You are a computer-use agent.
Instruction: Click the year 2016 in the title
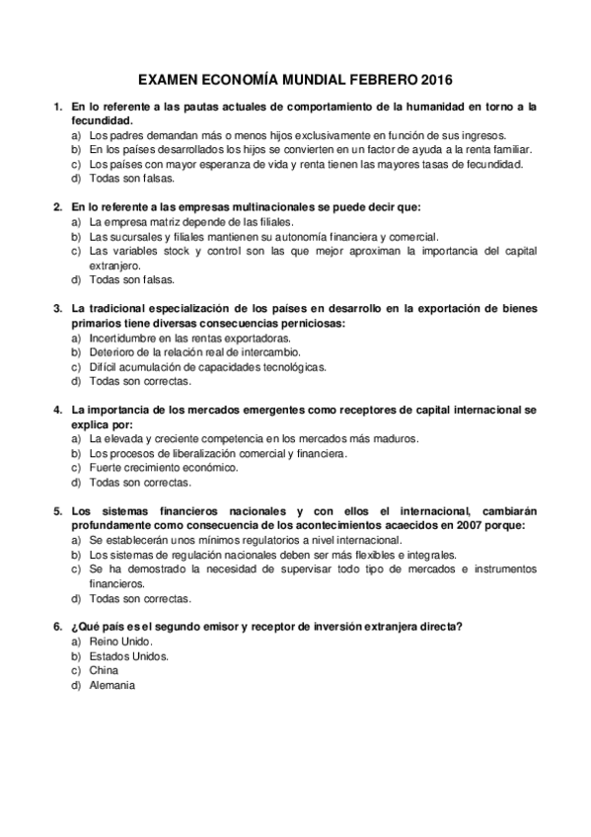coord(438,78)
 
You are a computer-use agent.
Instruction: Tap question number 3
coord(57,309)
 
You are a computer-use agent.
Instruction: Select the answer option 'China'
coord(103,670)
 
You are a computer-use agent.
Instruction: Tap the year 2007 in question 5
coord(480,526)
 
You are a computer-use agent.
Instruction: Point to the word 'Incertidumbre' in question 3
coord(121,338)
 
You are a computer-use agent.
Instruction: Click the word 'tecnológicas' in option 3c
coord(293,366)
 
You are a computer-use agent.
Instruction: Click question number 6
coord(57,626)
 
